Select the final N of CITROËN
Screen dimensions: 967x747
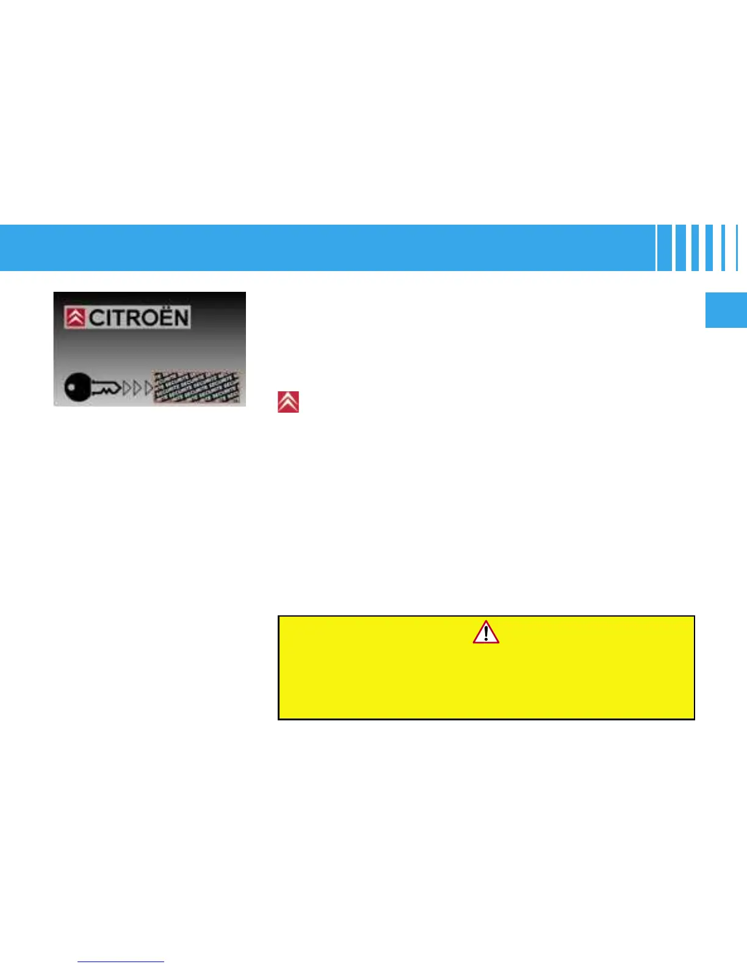click(x=182, y=318)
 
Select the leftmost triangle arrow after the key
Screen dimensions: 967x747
click(x=127, y=388)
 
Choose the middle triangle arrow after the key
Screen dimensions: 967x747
click(x=137, y=388)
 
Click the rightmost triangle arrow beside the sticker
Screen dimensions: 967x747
click(x=148, y=388)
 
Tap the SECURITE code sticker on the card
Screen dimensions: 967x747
click(x=197, y=387)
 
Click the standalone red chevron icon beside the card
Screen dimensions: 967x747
click(x=288, y=402)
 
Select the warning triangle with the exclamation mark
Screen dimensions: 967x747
click(x=486, y=632)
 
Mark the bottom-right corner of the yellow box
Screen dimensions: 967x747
click(x=694, y=719)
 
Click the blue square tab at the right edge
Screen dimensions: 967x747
click(x=726, y=311)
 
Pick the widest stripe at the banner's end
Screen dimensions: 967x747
click(x=664, y=248)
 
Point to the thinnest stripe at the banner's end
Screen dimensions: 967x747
click(x=737, y=248)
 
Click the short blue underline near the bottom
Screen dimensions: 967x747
click(x=121, y=962)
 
